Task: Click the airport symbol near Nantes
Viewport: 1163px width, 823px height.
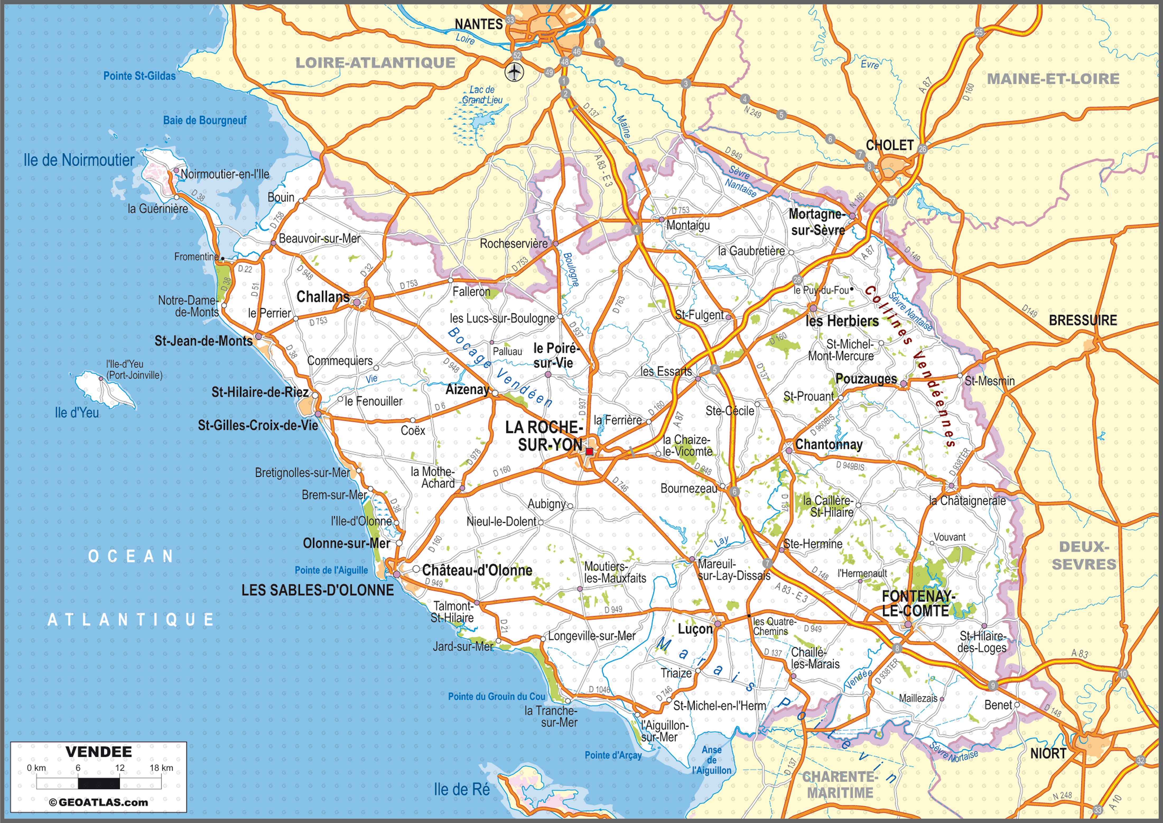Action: click(x=515, y=72)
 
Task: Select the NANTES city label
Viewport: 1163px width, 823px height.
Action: click(x=478, y=24)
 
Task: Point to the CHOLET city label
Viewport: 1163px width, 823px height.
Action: click(x=889, y=146)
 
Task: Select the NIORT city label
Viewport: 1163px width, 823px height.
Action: click(x=1048, y=754)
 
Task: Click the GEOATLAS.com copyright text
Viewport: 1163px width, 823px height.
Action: click(x=99, y=802)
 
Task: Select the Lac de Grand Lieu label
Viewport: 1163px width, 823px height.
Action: click(x=482, y=95)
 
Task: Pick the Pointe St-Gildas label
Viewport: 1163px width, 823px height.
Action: click(x=139, y=76)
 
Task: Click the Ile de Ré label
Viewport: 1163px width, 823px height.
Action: click(x=461, y=789)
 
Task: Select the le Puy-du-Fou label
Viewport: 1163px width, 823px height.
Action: click(x=821, y=290)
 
